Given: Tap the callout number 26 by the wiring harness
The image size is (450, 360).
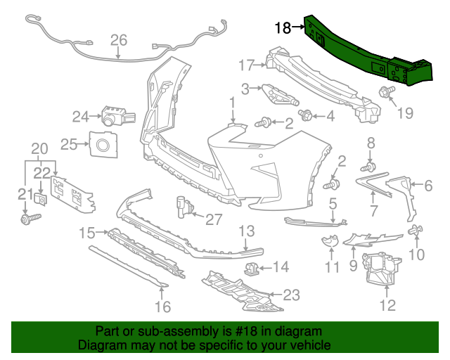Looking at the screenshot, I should point(118,39).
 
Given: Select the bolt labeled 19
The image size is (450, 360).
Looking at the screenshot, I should point(386,91).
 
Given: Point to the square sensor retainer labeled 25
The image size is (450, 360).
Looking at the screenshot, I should point(103,145).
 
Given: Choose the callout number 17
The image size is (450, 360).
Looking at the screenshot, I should point(245,65).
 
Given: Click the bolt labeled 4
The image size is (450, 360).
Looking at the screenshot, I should point(306,115).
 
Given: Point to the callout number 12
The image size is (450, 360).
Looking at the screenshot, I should point(387,304).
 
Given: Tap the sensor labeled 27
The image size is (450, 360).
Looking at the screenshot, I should point(185,207).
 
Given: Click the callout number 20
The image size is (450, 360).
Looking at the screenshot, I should point(39,148).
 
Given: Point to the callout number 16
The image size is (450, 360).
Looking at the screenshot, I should point(162,307).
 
